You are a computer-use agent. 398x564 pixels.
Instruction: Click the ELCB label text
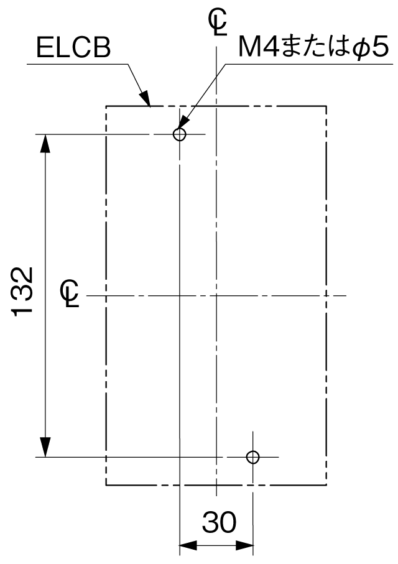(73, 47)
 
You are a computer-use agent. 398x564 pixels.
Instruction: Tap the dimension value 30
(219, 522)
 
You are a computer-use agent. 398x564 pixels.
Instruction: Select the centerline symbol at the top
(218, 22)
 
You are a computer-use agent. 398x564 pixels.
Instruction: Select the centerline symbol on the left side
(70, 293)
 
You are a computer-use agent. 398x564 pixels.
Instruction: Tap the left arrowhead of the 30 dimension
(188, 545)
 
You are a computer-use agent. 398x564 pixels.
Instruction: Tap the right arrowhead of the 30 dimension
(244, 545)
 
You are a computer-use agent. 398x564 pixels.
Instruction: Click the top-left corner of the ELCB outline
(106, 106)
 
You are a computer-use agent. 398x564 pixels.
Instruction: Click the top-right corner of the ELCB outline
(326, 106)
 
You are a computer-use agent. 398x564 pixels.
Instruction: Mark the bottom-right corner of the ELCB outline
(326, 485)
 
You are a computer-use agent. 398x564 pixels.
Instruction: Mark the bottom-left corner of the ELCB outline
(106, 485)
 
